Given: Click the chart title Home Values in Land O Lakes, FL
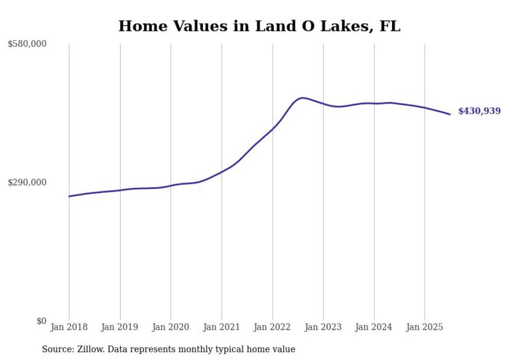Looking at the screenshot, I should (259, 26).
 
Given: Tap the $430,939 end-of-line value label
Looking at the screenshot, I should (479, 111).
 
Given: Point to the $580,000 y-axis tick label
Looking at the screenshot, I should (27, 44).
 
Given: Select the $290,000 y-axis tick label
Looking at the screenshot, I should (27, 182).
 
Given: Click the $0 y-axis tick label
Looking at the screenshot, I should (41, 321).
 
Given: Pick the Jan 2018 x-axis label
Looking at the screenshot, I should (69, 327).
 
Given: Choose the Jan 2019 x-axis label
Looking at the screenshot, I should (120, 327).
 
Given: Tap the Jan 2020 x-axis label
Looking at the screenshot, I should (171, 327).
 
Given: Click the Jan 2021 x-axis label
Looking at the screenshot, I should (222, 327).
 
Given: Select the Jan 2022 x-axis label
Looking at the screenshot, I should (272, 327).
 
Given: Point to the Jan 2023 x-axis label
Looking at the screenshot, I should (323, 327).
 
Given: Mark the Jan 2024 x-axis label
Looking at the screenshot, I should (374, 327).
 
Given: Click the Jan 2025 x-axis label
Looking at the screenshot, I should (425, 327).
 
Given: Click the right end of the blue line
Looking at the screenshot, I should (450, 114).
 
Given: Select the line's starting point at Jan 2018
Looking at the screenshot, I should (69, 196).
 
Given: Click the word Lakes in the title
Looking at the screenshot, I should (342, 26).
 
